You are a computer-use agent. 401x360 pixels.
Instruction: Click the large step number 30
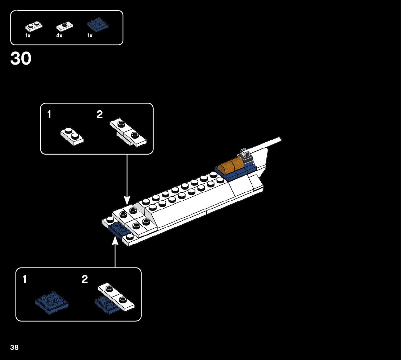click(x=21, y=58)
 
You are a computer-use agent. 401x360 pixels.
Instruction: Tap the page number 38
click(x=15, y=348)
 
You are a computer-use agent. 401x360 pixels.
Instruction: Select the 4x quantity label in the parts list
click(x=59, y=36)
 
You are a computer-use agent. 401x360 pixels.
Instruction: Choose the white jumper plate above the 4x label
click(x=65, y=26)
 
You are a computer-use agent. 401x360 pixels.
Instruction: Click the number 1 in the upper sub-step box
click(x=49, y=115)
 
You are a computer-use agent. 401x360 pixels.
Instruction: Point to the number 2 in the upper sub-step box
click(x=100, y=115)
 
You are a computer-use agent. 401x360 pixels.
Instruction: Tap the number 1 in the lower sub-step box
click(x=25, y=279)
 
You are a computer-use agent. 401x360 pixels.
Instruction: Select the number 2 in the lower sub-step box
click(x=85, y=279)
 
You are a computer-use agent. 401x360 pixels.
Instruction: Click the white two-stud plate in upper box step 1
click(x=72, y=136)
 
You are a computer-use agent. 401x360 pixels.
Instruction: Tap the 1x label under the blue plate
click(x=90, y=36)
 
